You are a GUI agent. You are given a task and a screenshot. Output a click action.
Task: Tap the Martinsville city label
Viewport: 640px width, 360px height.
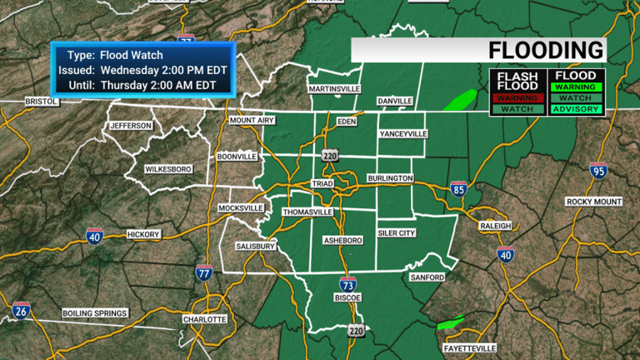pos(335,88)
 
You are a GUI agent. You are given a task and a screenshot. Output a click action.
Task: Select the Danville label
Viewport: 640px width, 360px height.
pos(395,101)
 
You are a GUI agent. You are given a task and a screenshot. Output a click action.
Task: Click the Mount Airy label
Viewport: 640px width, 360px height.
pos(252,121)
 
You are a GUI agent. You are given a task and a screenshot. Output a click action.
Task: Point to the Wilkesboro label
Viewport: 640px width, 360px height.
pos(169,169)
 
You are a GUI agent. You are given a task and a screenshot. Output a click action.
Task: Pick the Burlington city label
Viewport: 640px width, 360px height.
pos(390,178)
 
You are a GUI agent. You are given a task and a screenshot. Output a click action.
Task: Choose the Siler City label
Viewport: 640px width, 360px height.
pos(396,233)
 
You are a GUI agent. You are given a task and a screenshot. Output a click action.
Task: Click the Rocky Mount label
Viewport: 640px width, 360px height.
pos(594,202)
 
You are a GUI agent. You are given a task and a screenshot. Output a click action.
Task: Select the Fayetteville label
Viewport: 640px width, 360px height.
pos(467,347)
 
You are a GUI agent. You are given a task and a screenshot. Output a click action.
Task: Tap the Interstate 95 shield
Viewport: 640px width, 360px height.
pos(598,171)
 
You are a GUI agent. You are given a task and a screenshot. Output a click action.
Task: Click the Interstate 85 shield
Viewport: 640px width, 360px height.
pos(458,189)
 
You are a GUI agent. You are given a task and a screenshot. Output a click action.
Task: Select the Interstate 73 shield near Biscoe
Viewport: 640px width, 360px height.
pos(348,285)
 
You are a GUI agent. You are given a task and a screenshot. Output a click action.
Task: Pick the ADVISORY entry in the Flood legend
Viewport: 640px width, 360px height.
pos(574,109)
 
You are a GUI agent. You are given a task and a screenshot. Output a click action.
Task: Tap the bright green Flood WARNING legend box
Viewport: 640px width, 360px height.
pos(574,86)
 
